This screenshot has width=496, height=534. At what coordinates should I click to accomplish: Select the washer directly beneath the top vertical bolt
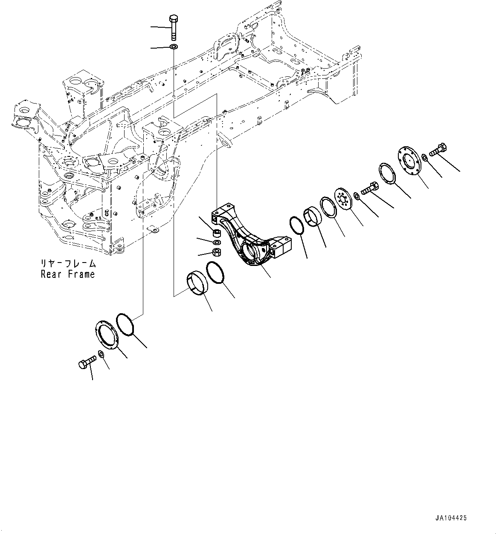(174, 46)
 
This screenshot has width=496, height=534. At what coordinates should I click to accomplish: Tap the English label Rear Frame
(67, 274)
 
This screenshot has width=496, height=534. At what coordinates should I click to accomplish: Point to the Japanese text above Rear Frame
(68, 264)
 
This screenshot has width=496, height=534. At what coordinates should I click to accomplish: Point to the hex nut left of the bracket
(216, 252)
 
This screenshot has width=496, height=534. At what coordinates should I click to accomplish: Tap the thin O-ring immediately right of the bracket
(296, 225)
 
